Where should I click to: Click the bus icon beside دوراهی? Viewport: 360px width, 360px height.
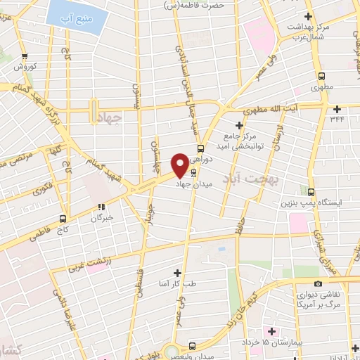pos(201,148)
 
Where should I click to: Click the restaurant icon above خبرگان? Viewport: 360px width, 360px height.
pos(102,207)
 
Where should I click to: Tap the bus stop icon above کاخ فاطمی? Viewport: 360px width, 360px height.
pos(63,218)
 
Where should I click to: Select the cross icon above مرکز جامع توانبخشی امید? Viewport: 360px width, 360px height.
pos(239,125)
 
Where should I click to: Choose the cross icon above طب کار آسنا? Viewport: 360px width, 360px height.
pos(176,272)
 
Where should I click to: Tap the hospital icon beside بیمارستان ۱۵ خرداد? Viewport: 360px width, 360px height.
pos(269,330)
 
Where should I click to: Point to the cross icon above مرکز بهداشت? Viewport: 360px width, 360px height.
pos(307,15)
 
